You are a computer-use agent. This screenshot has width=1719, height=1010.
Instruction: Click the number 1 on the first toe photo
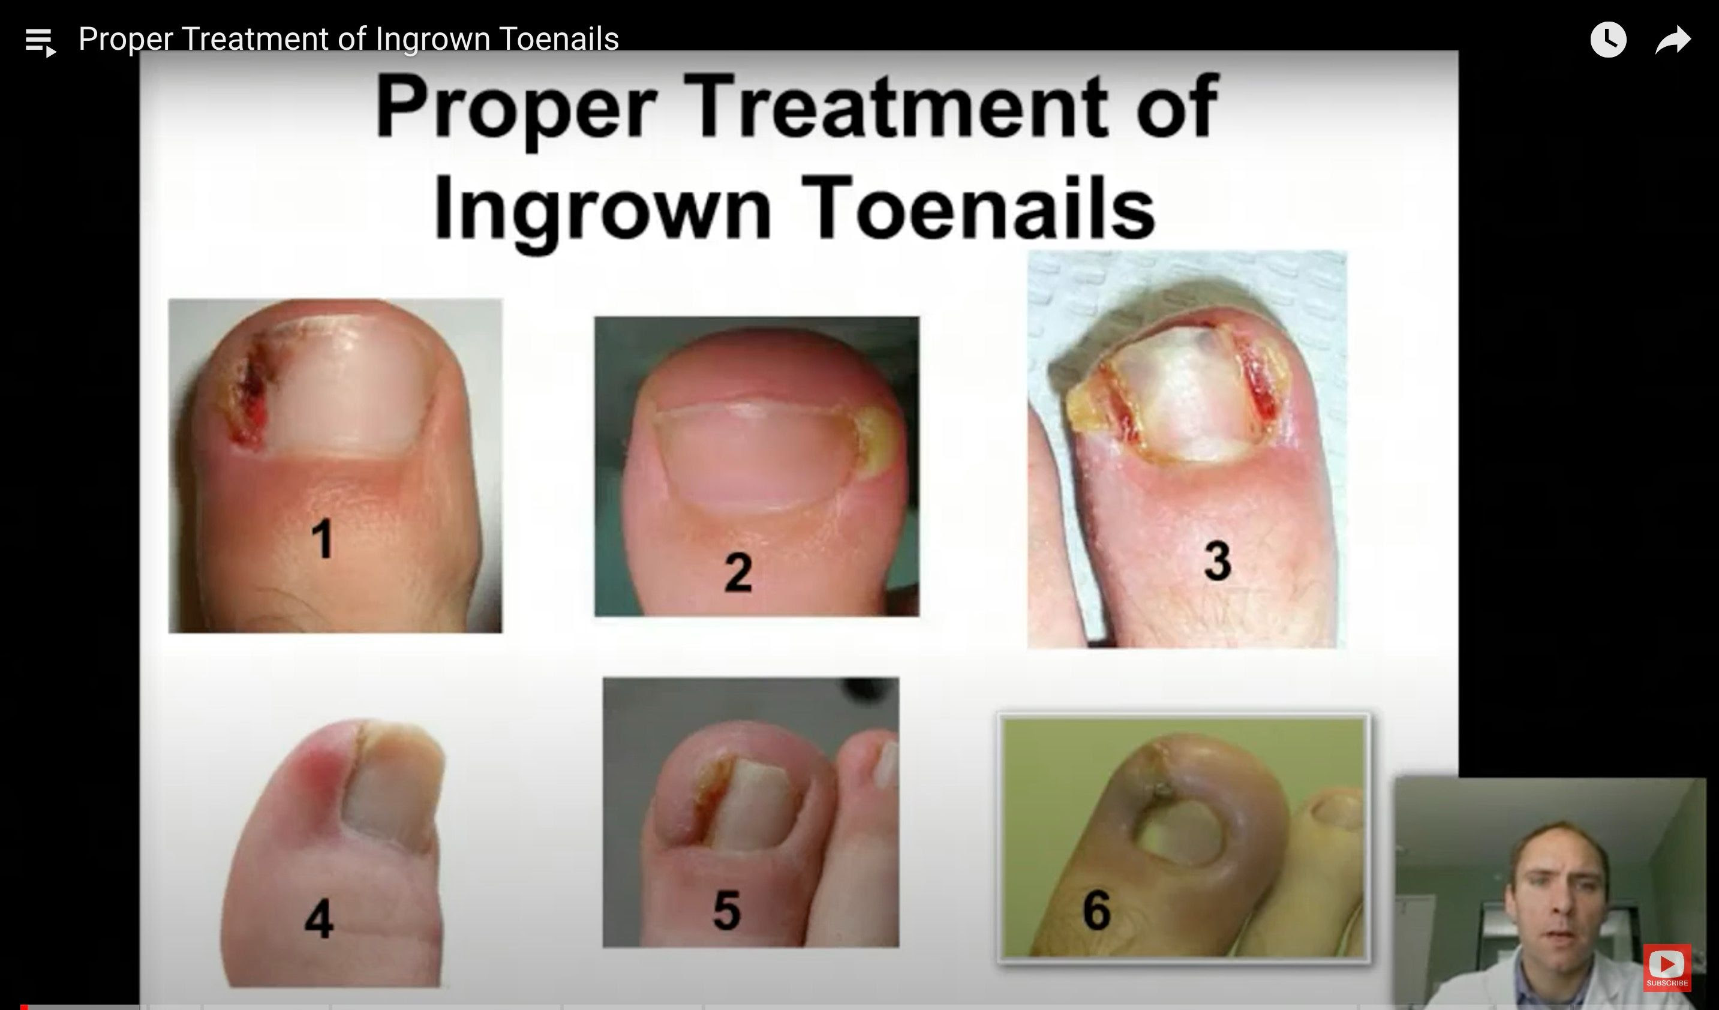322,538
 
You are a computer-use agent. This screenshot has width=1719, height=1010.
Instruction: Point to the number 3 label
1218,561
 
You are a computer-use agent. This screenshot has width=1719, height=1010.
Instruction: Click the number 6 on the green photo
1096,909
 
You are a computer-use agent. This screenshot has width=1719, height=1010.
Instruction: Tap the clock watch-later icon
1609,40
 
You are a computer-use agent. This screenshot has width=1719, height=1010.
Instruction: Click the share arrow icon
1673,40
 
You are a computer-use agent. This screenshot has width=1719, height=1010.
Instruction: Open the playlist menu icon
40,41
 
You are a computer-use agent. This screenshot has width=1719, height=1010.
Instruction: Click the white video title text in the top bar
348,39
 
